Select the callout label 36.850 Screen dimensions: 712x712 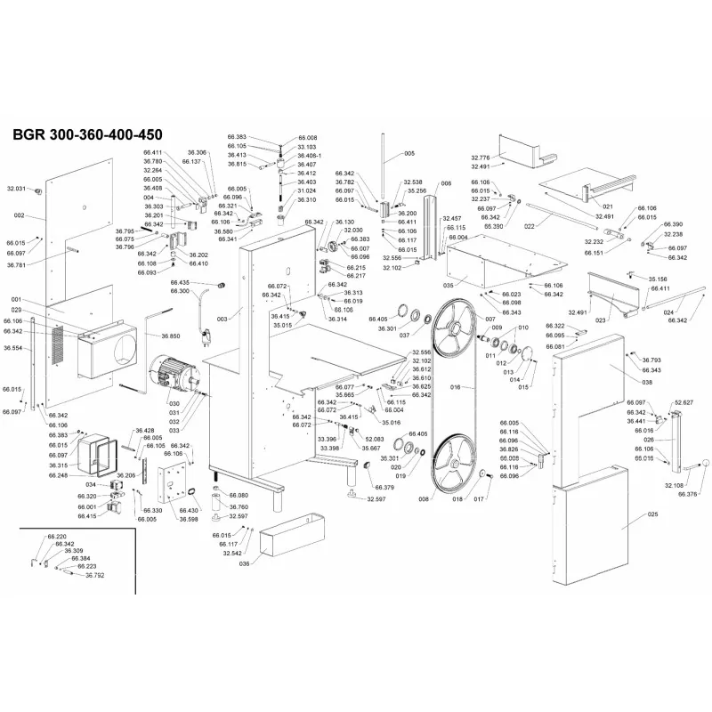click(171, 336)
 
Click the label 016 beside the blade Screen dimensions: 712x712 click(455, 388)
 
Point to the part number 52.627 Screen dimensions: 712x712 click(684, 401)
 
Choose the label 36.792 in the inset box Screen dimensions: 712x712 click(95, 576)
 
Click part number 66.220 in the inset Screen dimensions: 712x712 click(55, 537)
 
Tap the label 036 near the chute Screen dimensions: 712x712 click(244, 562)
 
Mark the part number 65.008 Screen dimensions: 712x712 click(308, 138)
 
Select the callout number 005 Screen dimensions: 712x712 click(409, 154)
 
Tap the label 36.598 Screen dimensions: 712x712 click(188, 518)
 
